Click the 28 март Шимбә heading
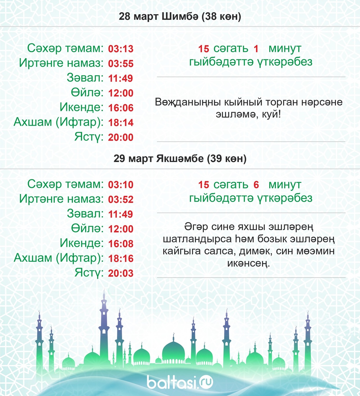pos(180,17)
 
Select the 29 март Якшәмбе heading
pos(180,159)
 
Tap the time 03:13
pos(121,49)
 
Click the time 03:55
pos(121,64)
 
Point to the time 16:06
pos(121,108)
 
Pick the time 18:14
pos(121,123)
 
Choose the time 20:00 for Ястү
pos(121,137)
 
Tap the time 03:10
pos(121,185)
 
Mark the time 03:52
pos(121,200)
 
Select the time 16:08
pos(121,244)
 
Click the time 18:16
pos(121,258)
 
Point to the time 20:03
pos(121,273)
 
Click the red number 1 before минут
pos(256,49)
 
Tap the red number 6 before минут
pos(256,185)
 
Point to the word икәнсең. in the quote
pos(248,264)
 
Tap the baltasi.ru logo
pos(180,382)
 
